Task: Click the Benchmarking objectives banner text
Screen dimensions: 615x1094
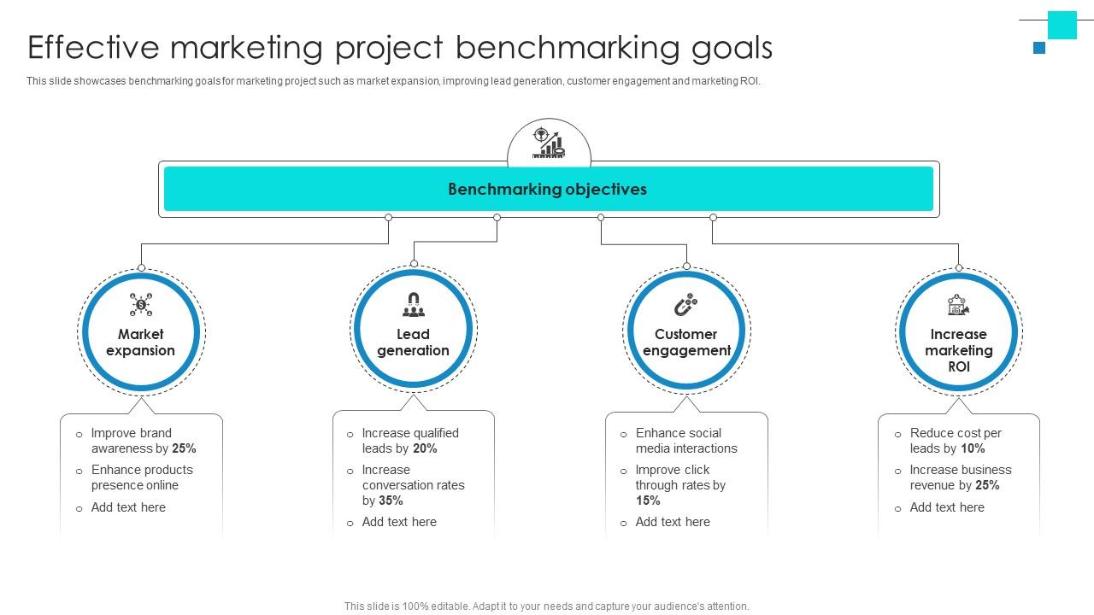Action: point(547,190)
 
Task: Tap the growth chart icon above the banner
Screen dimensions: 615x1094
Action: point(549,143)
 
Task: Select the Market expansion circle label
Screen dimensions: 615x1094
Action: point(140,343)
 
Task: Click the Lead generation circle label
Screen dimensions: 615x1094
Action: point(413,343)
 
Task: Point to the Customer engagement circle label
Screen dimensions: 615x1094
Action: point(686,343)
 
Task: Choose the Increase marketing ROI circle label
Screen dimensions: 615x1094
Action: point(958,350)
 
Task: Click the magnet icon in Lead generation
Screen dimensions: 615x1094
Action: point(413,305)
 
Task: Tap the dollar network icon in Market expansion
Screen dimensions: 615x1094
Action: point(141,304)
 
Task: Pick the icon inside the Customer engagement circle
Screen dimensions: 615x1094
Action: point(685,305)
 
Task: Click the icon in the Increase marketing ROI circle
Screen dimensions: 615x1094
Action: point(958,305)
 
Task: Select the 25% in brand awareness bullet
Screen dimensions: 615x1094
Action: point(184,448)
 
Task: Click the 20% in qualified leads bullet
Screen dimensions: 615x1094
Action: point(425,448)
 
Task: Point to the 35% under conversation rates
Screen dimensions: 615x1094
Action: point(391,501)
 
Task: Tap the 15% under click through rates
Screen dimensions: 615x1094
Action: point(648,501)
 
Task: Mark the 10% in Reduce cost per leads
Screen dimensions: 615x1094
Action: point(973,448)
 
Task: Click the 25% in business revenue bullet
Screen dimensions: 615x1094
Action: point(987,485)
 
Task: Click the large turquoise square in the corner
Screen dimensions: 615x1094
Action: point(1062,25)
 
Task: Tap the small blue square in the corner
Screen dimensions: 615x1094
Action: point(1039,48)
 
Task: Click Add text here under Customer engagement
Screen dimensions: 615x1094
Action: point(673,522)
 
